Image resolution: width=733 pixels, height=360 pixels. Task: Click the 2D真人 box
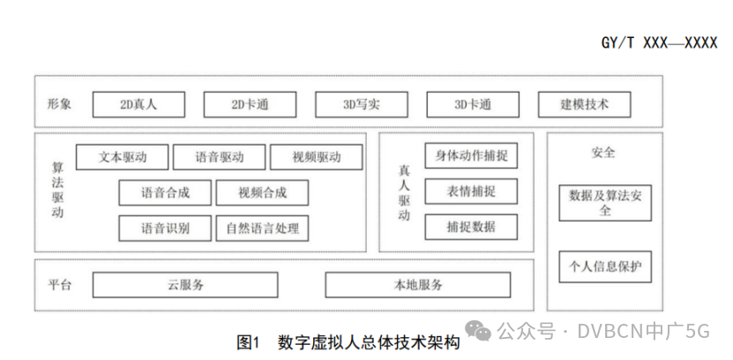click(138, 104)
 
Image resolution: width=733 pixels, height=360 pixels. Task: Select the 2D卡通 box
click(250, 104)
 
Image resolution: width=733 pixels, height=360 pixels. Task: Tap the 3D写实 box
click(361, 104)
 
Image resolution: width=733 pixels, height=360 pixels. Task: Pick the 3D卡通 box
click(473, 104)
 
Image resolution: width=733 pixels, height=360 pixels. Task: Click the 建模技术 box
click(584, 104)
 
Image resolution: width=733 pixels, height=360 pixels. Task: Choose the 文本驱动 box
click(123, 157)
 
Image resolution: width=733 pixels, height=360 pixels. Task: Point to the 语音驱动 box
click(220, 157)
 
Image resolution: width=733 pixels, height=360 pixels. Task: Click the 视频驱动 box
click(316, 157)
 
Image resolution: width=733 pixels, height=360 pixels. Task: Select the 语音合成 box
click(165, 192)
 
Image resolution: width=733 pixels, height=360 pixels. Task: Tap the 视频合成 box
click(262, 192)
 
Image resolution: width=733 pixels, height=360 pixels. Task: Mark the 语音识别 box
click(165, 228)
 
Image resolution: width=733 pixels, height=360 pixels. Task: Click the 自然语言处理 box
click(262, 228)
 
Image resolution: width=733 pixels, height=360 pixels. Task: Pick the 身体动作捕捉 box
click(471, 155)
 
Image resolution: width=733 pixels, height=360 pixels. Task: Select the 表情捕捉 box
click(471, 191)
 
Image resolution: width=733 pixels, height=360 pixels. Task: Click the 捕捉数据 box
click(471, 226)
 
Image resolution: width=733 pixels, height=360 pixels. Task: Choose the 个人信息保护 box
click(605, 266)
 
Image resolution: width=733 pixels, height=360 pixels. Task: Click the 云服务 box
click(185, 284)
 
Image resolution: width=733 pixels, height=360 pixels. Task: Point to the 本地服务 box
click(418, 284)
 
